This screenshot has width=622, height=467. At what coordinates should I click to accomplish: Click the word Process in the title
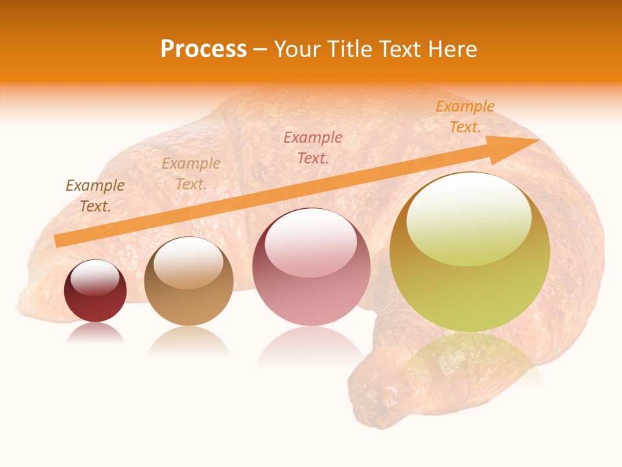click(x=203, y=49)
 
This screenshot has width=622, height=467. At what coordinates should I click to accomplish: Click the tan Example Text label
click(x=191, y=174)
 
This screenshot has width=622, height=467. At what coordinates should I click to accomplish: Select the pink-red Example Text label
click(x=313, y=147)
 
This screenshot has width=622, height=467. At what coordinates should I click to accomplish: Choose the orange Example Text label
click(x=465, y=117)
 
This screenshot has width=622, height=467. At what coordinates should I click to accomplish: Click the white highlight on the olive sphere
click(x=469, y=217)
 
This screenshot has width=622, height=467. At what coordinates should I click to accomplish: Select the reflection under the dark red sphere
click(x=95, y=332)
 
